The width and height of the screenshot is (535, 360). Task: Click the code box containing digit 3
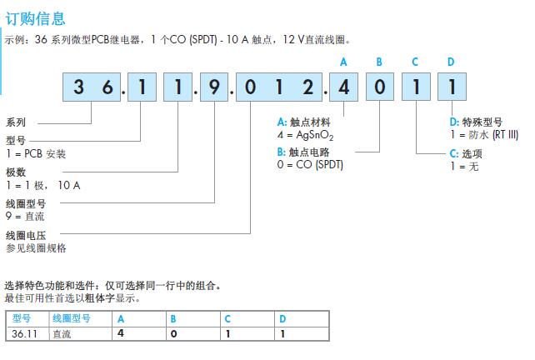[x=79, y=87]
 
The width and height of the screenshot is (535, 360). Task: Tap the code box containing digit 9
[x=213, y=87]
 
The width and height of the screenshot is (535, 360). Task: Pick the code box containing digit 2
[x=309, y=87]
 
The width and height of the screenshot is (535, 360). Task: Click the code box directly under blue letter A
[x=344, y=87]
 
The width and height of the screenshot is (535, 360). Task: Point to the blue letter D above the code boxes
[x=451, y=62]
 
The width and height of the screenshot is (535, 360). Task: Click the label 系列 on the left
[x=16, y=122]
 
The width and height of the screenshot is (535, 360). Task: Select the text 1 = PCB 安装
[x=36, y=154]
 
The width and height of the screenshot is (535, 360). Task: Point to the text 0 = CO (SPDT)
[x=310, y=164]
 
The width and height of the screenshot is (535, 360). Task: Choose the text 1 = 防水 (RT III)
[x=483, y=135]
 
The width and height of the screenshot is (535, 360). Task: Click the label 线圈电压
[x=26, y=236]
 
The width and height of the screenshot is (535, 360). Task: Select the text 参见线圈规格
[x=36, y=248]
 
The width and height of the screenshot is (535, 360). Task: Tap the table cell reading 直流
[x=62, y=333]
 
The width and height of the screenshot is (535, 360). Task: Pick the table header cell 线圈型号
[x=72, y=318]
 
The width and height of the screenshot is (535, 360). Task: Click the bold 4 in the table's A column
[x=121, y=333]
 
